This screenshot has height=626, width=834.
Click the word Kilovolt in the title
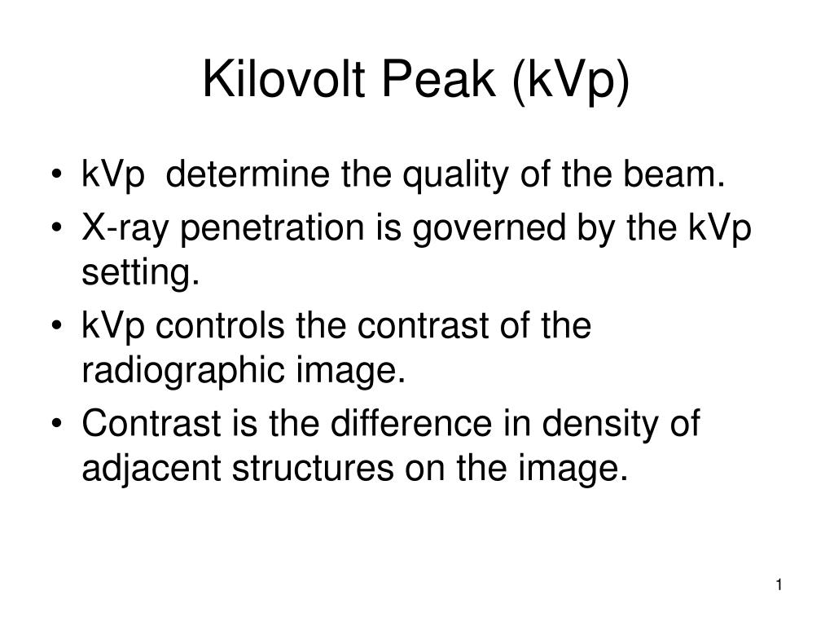click(283, 79)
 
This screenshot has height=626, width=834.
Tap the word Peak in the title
click(438, 79)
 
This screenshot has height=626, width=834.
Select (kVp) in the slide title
click(571, 82)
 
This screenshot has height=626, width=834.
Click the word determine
click(248, 174)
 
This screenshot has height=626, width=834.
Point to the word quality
click(455, 176)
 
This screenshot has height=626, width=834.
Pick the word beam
click(674, 174)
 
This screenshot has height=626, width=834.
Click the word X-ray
click(125, 229)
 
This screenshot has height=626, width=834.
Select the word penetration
click(272, 229)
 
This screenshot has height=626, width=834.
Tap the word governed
click(489, 229)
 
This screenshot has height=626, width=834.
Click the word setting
click(140, 274)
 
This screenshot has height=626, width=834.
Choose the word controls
click(220, 325)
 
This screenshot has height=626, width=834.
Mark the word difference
click(411, 423)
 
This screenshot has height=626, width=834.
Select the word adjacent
click(151, 469)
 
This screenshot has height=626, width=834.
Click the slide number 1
click(779, 585)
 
